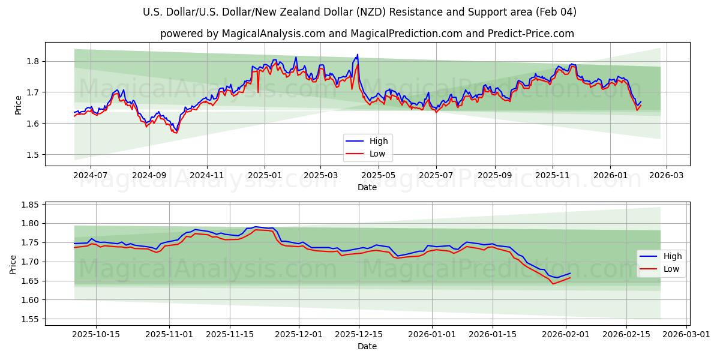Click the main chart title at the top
point(360,12)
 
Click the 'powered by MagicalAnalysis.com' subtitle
point(367,34)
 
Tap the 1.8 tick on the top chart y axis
point(34,61)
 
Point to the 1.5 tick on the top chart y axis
point(34,155)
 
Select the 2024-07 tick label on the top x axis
point(91,176)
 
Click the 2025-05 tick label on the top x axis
point(379,176)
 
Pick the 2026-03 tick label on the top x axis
point(667,176)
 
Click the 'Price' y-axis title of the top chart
point(18,105)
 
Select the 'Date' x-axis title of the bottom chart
point(367,346)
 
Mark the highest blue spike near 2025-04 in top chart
point(358,55)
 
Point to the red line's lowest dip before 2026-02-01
point(553,283)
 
